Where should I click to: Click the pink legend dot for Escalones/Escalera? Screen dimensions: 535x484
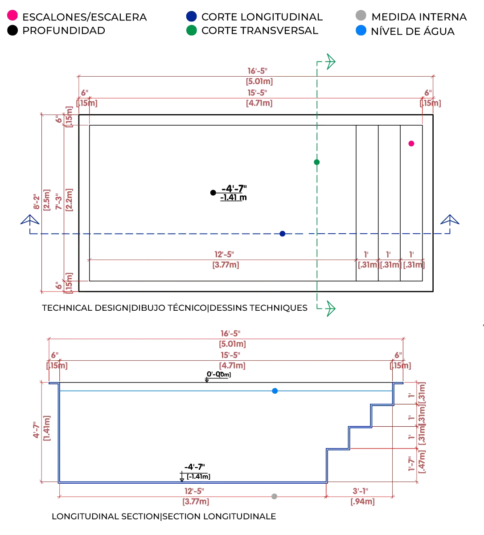pyautogui.click(x=13, y=17)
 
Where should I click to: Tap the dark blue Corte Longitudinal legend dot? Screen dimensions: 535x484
pyautogui.click(x=191, y=17)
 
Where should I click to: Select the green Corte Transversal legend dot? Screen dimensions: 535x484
pyautogui.click(x=191, y=31)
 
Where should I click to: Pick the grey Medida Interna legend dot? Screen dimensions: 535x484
pyautogui.click(x=361, y=17)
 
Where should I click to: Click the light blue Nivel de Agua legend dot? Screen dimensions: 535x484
pyautogui.click(x=361, y=31)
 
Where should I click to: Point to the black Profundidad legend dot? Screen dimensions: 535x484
pyautogui.click(x=13, y=31)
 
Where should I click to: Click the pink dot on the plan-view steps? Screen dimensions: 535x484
pyautogui.click(x=411, y=144)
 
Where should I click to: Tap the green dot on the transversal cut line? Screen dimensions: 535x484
pyautogui.click(x=317, y=162)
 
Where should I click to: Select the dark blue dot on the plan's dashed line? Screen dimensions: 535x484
pyautogui.click(x=282, y=233)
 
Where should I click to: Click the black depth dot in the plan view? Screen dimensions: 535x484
pyautogui.click(x=213, y=193)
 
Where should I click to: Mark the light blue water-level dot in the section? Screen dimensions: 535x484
pyautogui.click(x=275, y=391)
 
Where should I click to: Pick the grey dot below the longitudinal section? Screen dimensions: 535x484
pyautogui.click(x=274, y=495)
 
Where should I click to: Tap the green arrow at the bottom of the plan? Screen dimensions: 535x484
pyautogui.click(x=330, y=308)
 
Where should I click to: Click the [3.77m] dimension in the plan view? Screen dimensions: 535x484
pyautogui.click(x=226, y=265)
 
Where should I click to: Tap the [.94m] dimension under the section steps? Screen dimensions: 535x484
pyautogui.click(x=362, y=502)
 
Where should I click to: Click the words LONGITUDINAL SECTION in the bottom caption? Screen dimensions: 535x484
pyautogui.click(x=105, y=517)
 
